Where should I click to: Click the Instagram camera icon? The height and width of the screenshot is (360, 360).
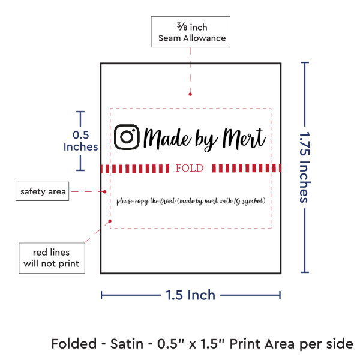tap(127, 137)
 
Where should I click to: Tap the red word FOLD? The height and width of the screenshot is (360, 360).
tap(190, 168)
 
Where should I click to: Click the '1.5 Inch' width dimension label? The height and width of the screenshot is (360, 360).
tap(191, 295)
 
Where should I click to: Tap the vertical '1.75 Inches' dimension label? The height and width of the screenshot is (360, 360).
tap(305, 167)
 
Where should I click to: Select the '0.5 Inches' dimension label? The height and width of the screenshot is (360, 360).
tap(80, 141)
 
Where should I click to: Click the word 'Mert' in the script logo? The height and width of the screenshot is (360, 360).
tap(244, 138)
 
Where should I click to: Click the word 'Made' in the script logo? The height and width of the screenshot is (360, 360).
tap(167, 139)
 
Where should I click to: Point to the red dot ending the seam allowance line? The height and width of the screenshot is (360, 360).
tap(190, 94)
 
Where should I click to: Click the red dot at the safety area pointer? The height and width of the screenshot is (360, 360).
tap(104, 192)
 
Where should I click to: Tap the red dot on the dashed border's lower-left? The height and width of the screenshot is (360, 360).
tap(110, 221)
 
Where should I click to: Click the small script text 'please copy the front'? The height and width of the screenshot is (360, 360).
tap(146, 202)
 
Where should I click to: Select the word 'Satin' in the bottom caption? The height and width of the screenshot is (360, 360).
tap(127, 344)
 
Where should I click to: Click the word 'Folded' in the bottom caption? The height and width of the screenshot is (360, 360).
tap(74, 344)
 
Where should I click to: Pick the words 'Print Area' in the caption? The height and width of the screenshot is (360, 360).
tap(262, 344)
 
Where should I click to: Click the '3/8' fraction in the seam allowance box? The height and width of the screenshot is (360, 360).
tap(182, 26)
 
